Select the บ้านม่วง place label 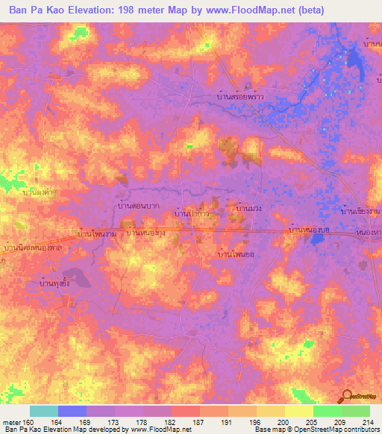(x=248, y=210)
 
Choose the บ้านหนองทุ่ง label (x=146, y=233)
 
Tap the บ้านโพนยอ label (x=233, y=254)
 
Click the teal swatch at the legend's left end (x=44, y=411)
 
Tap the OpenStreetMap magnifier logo (x=347, y=397)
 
